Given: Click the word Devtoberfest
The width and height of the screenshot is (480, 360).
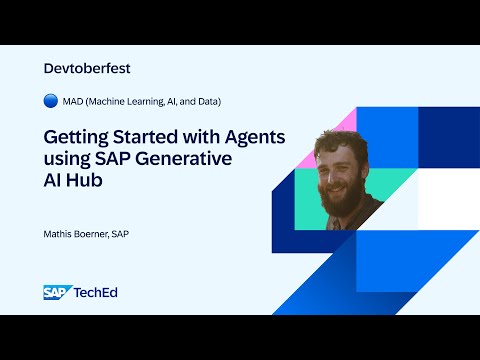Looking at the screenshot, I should coord(88,68).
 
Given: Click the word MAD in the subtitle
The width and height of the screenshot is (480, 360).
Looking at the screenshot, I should coord(73,101).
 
